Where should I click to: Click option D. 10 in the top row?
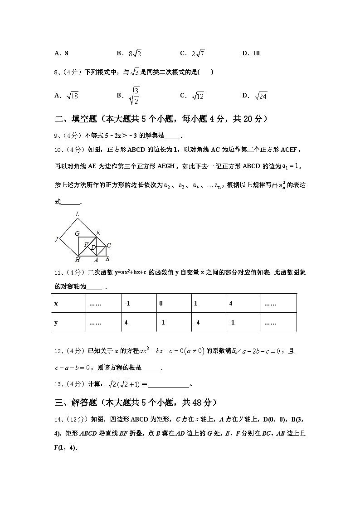pyautogui.click(x=251, y=53)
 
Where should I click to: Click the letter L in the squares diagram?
pyautogui.click(x=78, y=214)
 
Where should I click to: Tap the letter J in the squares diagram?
pyautogui.click(x=57, y=239)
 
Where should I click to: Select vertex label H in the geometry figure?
pyautogui.click(x=78, y=260)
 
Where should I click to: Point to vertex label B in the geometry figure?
pyautogui.click(x=107, y=259)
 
